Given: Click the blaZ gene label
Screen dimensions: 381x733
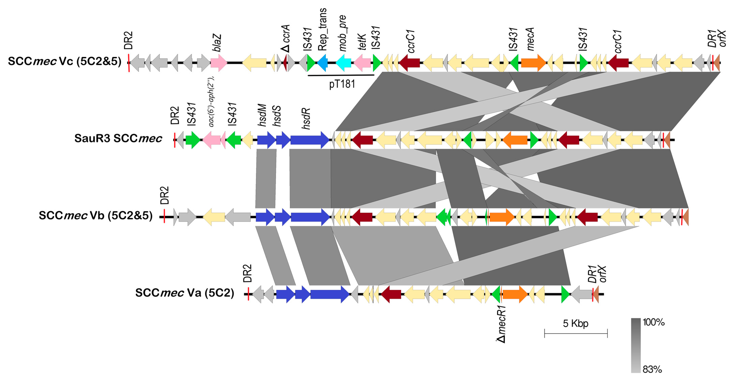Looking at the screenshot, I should [x=217, y=43].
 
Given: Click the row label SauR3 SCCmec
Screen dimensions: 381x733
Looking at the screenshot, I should [x=118, y=139].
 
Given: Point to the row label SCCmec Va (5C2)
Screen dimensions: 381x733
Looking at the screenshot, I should [x=184, y=293].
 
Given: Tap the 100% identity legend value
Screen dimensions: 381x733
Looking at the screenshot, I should [x=653, y=322].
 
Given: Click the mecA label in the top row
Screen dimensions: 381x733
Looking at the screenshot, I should [x=530, y=39].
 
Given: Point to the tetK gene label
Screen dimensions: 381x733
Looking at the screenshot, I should [x=362, y=42].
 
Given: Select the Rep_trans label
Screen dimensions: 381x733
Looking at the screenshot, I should [x=322, y=30].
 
